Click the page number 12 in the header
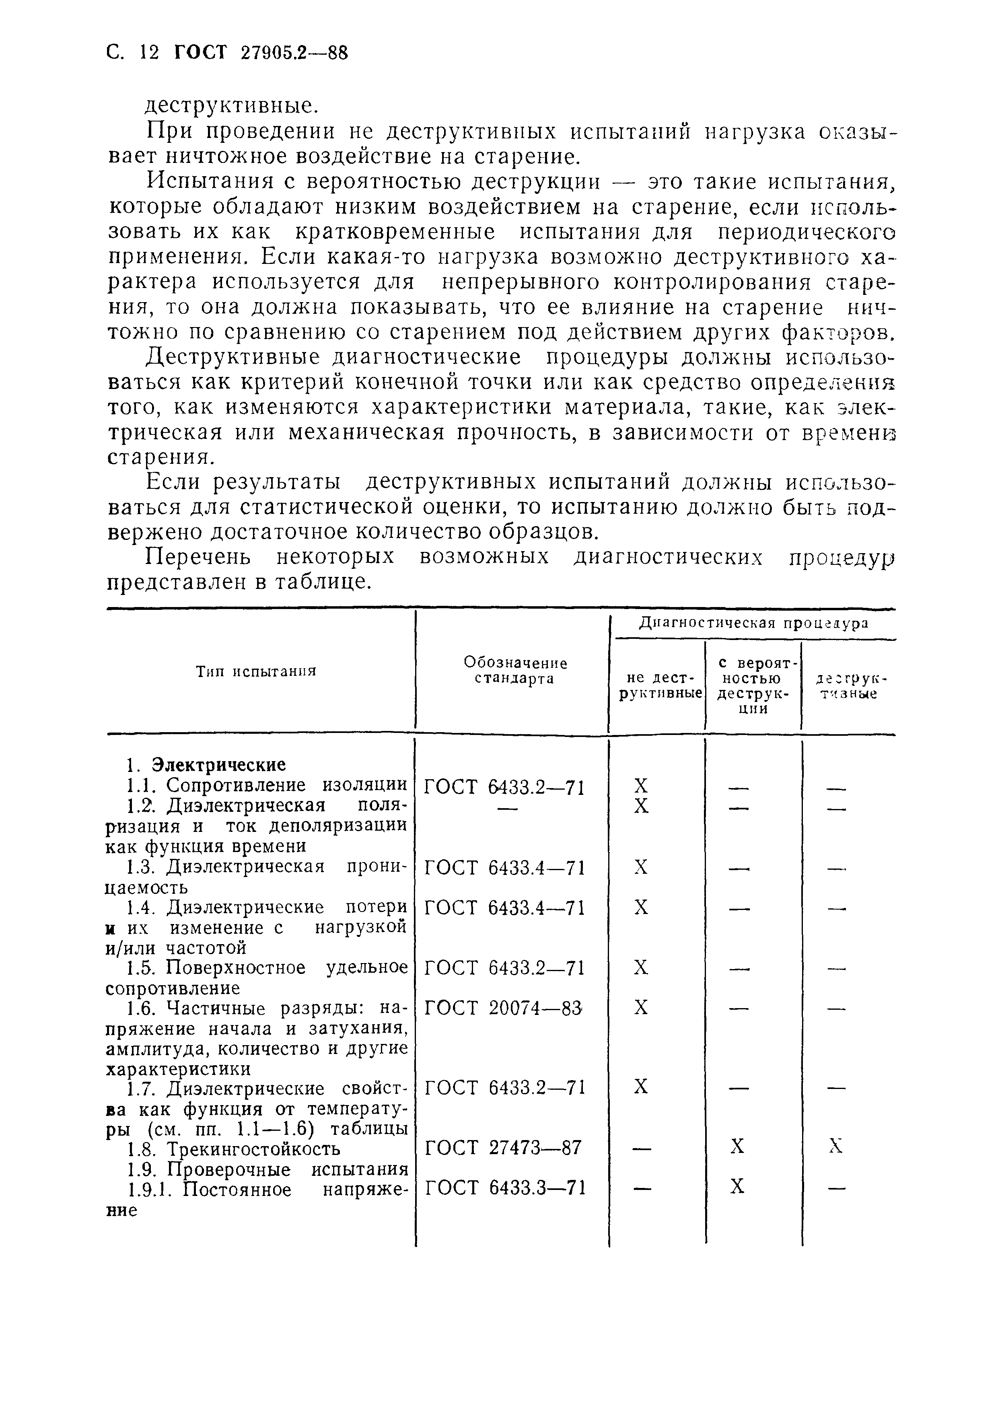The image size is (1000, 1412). coord(149,54)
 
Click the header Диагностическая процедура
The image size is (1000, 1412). coord(753,623)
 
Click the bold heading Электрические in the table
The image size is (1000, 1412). coord(219,765)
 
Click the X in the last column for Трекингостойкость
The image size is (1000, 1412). coord(835,1146)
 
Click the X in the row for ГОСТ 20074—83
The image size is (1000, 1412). coord(641,1007)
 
